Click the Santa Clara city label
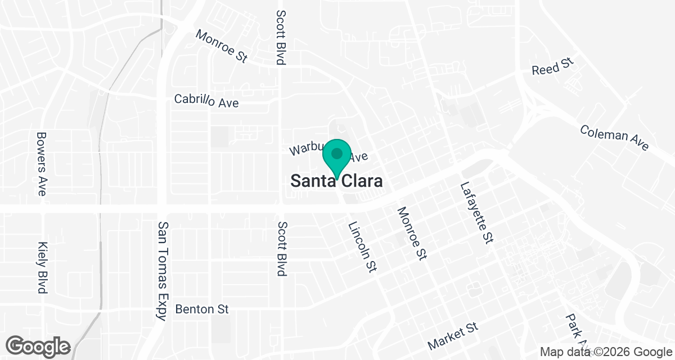[337, 181]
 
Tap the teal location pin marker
[337, 155]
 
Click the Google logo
[38, 345]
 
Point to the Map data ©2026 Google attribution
[605, 352]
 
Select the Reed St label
[553, 67]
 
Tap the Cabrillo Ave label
[206, 102]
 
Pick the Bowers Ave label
[41, 164]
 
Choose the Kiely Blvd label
[41, 268]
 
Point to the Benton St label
[202, 309]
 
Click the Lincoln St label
[361, 247]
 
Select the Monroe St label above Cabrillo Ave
[221, 46]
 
